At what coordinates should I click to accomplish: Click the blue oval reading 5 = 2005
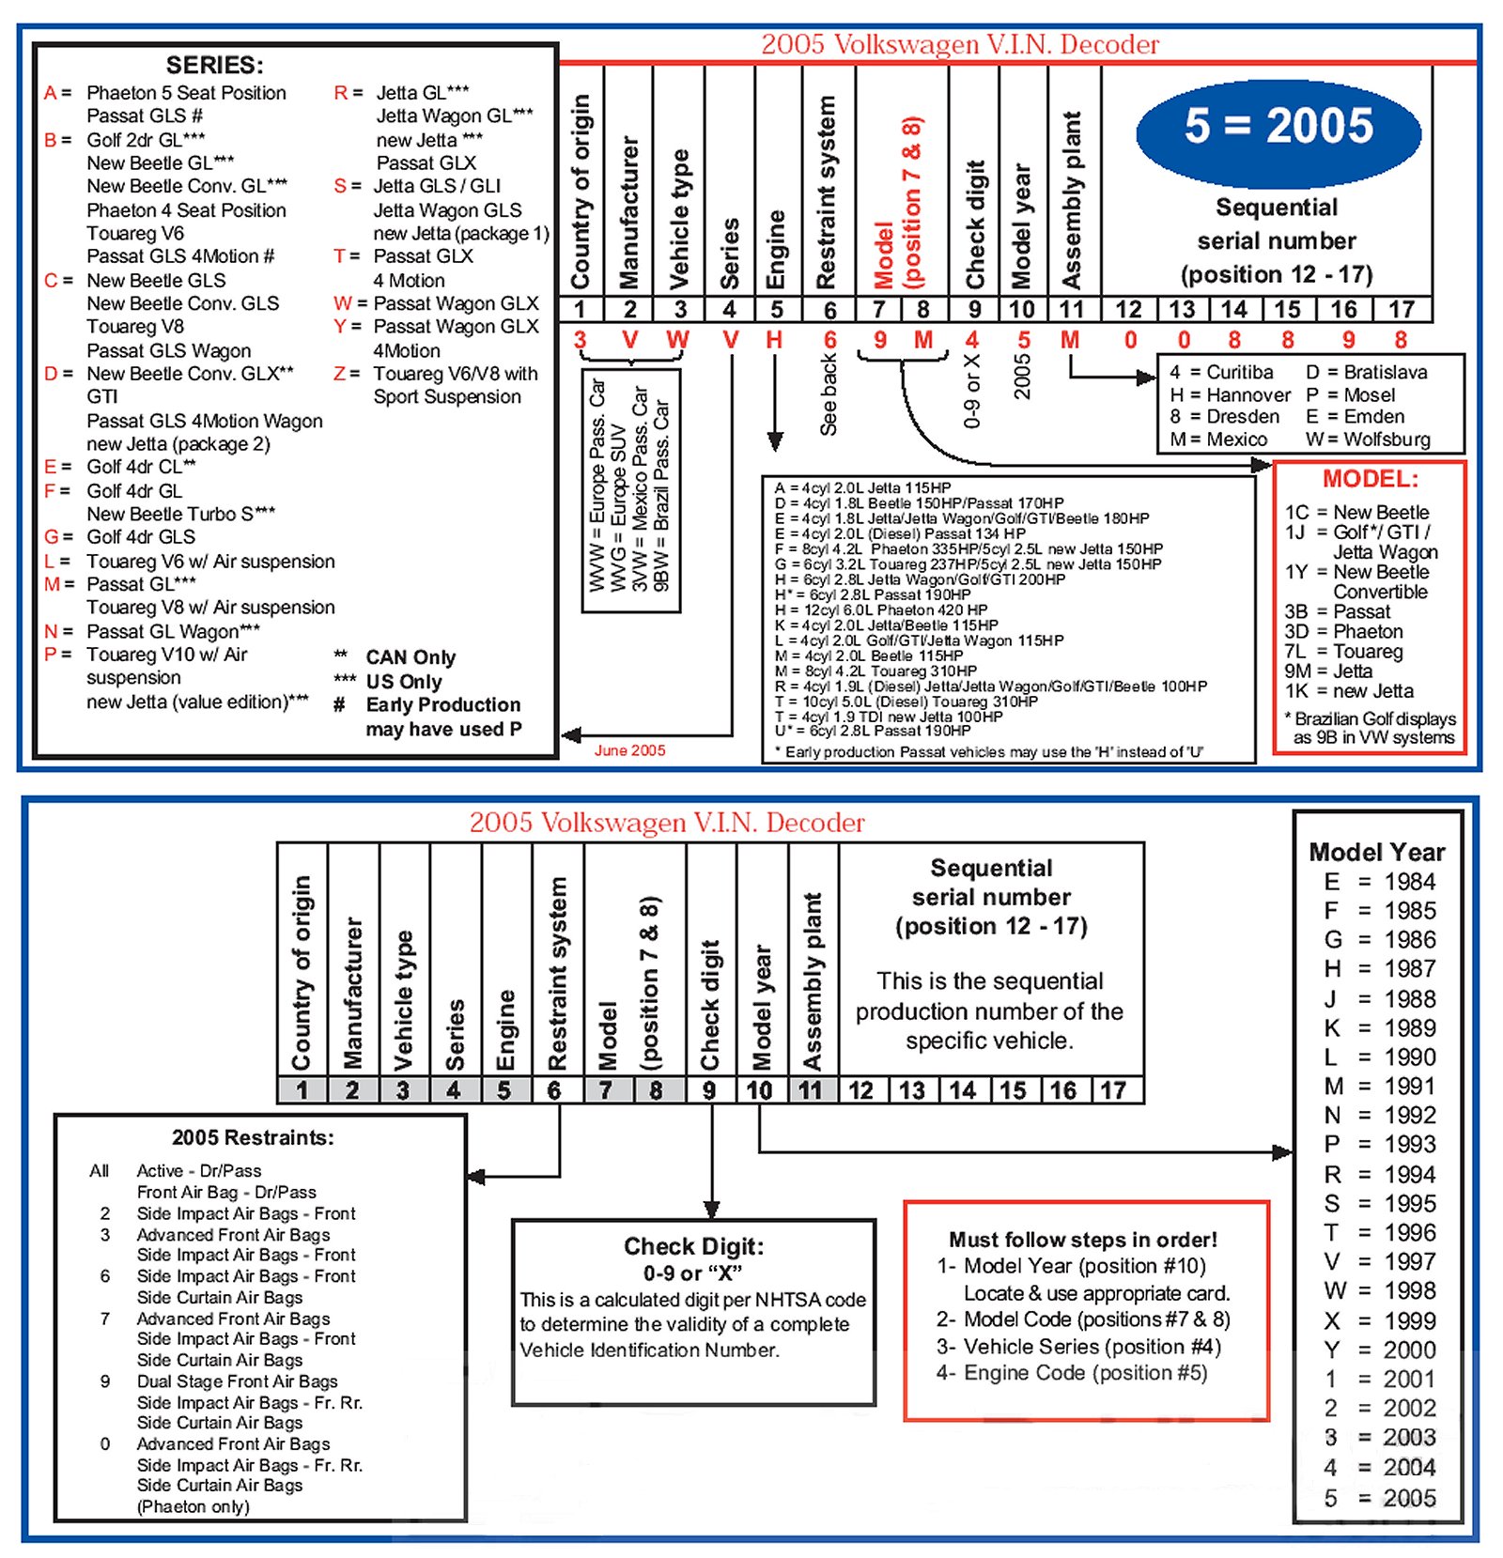(1278, 129)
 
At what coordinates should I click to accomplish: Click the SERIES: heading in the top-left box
(214, 65)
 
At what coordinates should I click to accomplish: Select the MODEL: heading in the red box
(1370, 479)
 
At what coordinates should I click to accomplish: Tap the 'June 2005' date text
(629, 750)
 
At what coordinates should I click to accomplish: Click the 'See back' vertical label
(828, 394)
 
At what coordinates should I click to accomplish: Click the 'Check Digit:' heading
(693, 1246)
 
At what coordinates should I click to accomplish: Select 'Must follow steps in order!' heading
(1082, 1240)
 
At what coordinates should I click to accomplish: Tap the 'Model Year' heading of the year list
(1376, 852)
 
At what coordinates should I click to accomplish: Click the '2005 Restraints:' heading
(253, 1137)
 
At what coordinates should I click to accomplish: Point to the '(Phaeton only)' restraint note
(194, 1506)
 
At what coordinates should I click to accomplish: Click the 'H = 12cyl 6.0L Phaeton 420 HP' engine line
(881, 610)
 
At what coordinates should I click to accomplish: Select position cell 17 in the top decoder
(1401, 309)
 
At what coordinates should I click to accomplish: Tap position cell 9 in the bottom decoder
(709, 1090)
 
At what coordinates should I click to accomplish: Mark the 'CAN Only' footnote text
(411, 657)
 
